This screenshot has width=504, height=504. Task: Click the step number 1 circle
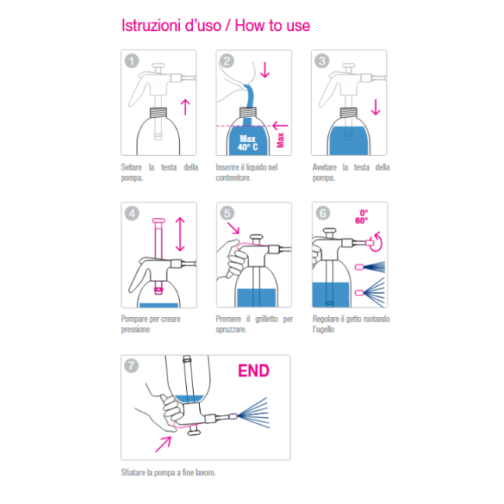click(x=132, y=61)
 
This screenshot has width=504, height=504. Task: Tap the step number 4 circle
click(x=132, y=213)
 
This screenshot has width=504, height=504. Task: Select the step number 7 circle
click(x=131, y=366)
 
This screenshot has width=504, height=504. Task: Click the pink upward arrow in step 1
click(x=185, y=107)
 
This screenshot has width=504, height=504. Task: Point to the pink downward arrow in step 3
click(x=375, y=107)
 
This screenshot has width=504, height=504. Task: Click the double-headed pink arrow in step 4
click(x=180, y=234)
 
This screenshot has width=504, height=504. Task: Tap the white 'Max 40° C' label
click(x=247, y=143)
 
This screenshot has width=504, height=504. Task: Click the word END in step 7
click(x=254, y=371)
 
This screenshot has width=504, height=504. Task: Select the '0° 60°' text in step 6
click(x=362, y=216)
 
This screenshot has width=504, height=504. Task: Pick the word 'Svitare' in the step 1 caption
click(x=131, y=167)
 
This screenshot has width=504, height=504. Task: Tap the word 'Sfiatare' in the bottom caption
click(x=133, y=472)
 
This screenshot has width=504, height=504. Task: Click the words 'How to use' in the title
click(x=272, y=26)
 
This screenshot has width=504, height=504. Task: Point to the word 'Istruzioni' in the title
click(x=150, y=26)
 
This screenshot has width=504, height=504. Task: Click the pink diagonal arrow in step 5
click(x=233, y=228)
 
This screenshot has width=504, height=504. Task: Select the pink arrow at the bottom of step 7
click(x=164, y=444)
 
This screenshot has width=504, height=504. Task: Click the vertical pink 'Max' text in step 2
click(x=281, y=140)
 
